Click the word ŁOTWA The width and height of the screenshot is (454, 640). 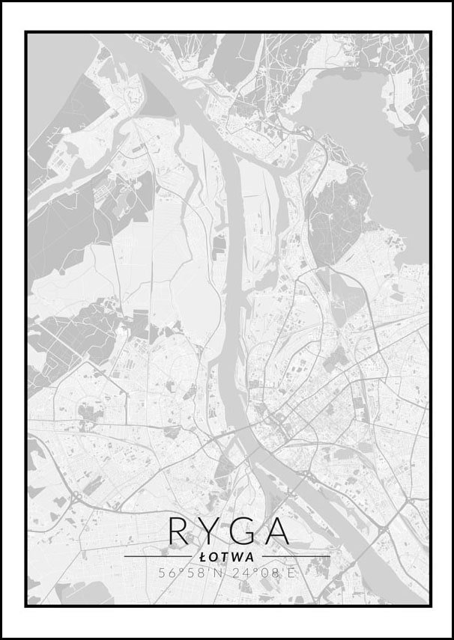click(227, 557)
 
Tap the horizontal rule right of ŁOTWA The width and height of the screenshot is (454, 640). click(297, 557)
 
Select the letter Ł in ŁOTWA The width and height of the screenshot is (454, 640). click(205, 557)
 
